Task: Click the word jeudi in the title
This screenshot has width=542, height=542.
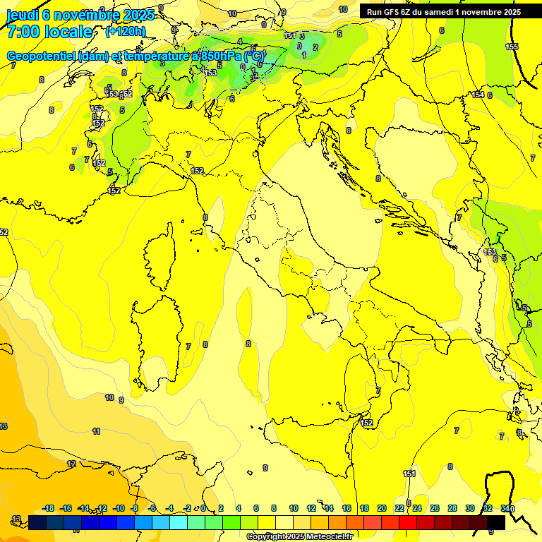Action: click(23, 15)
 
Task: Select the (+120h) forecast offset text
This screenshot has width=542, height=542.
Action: click(126, 31)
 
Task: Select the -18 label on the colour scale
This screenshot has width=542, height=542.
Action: click(49, 508)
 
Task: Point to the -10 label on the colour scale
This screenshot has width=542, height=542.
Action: click(118, 508)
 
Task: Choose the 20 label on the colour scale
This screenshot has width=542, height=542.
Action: click(382, 508)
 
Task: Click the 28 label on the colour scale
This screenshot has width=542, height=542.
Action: click(452, 508)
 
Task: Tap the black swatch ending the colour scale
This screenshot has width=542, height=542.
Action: click(496, 522)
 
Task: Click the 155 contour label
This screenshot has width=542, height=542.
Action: click(512, 47)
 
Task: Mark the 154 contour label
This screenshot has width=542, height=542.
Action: click(478, 95)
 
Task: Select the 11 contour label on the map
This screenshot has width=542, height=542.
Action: click(96, 430)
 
